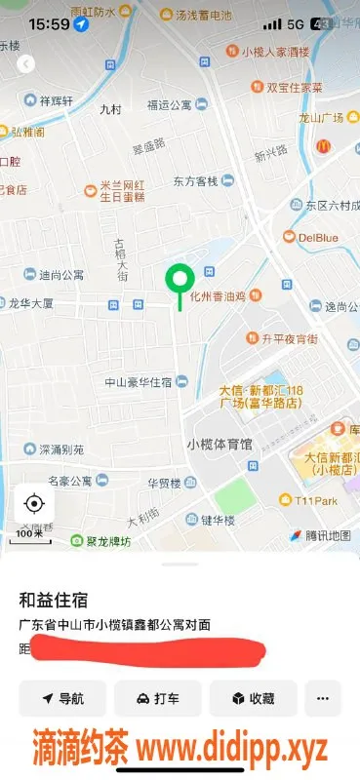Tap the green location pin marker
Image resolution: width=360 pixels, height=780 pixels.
(x=179, y=281)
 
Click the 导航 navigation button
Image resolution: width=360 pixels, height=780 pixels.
(x=62, y=698)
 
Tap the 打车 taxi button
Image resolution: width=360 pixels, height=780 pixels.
(x=157, y=698)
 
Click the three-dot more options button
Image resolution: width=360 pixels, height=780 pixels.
(x=323, y=698)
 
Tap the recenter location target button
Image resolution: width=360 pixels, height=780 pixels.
(x=34, y=503)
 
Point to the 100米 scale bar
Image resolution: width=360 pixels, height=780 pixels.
(x=29, y=533)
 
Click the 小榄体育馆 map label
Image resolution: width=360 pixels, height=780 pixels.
(x=219, y=444)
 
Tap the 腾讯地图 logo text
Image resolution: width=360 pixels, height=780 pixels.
(x=325, y=535)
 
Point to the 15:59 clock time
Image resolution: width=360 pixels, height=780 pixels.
(x=42, y=22)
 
